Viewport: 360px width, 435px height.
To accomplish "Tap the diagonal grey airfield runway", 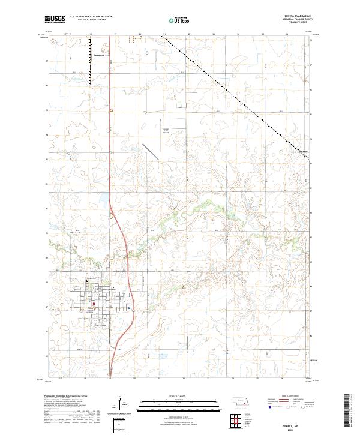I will [151, 151].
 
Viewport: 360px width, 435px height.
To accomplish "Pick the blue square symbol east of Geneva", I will [129, 308].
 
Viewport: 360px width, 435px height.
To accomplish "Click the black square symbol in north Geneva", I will [86, 280].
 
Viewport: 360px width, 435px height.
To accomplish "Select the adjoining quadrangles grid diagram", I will [235, 419].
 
